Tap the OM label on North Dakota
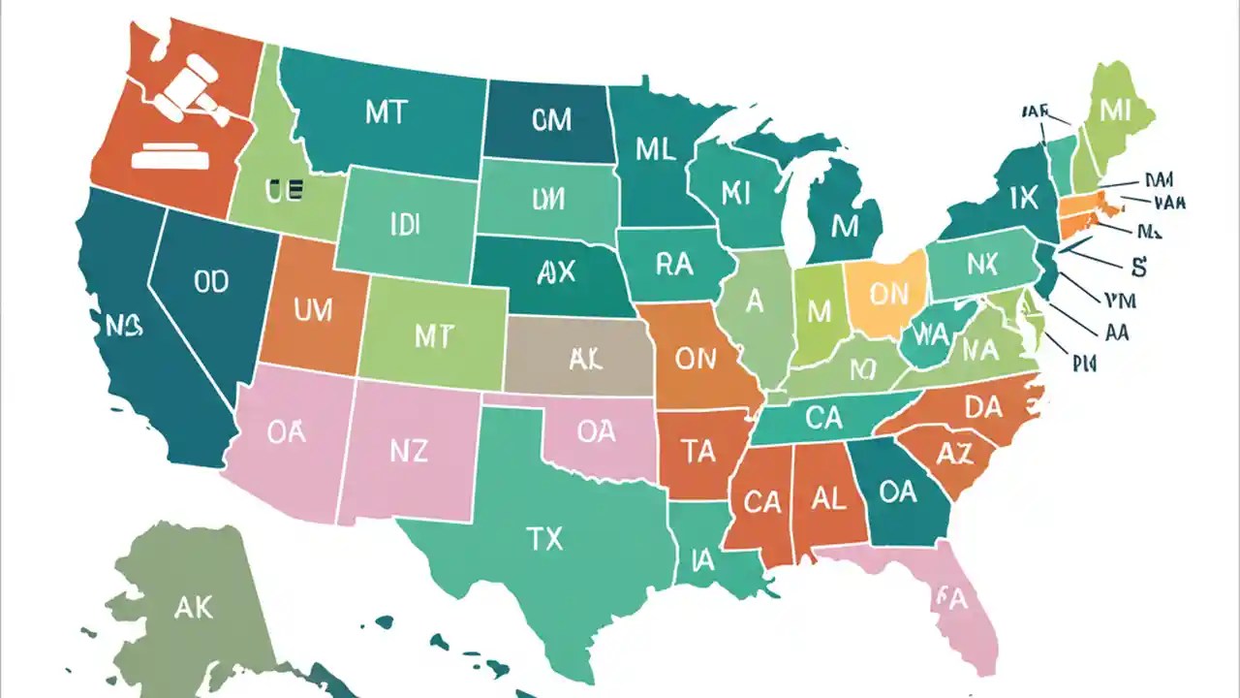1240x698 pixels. [x=552, y=120]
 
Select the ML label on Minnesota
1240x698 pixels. [x=656, y=148]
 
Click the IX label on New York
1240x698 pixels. [x=1023, y=198]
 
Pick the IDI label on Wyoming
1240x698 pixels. [x=404, y=225]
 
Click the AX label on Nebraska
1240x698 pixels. [x=555, y=271]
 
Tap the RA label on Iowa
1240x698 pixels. [x=674, y=264]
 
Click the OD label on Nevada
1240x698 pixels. [x=210, y=281]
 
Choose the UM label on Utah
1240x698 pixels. [x=312, y=310]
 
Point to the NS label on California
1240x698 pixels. [x=124, y=327]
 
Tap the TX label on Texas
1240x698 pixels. [x=544, y=539]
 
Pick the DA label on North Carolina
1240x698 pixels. [x=982, y=407]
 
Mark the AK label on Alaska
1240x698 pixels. [x=194, y=607]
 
